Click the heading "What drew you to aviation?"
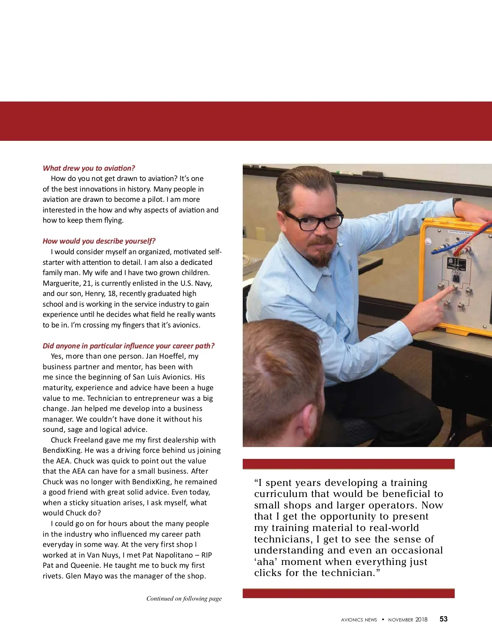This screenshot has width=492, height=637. pyautogui.click(x=89, y=168)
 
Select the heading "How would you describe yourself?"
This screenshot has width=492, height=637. pyautogui.click(x=99, y=241)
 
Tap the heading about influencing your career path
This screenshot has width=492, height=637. pyautogui.click(x=128, y=346)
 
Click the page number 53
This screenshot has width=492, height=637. pyautogui.click(x=444, y=619)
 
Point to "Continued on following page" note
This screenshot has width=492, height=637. pyautogui.click(x=184, y=599)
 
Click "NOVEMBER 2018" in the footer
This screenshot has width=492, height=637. pyautogui.click(x=408, y=619)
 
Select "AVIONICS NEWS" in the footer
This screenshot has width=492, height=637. pyautogui.click(x=359, y=620)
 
